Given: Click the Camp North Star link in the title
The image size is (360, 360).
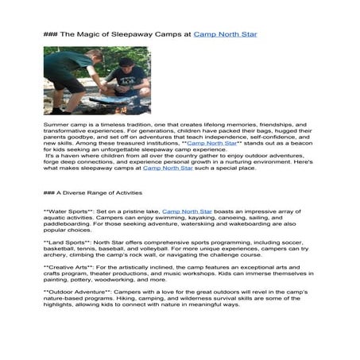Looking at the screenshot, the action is [x=225, y=35].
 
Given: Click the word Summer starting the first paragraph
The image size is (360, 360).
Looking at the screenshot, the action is [x=57, y=125].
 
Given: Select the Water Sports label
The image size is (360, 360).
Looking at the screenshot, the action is [x=69, y=212].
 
